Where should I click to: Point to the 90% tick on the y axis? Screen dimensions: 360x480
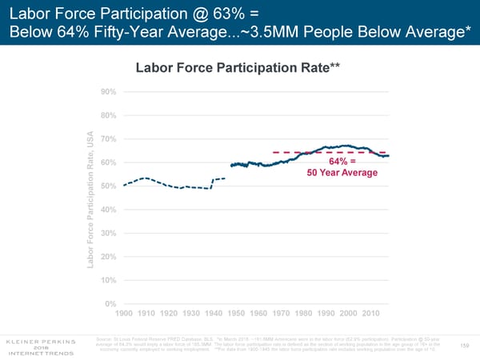pos(109,91)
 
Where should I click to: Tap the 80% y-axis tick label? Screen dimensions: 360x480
pos(109,115)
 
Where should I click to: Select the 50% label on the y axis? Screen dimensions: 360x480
pos(109,186)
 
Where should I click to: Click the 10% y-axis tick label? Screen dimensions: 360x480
pos(109,280)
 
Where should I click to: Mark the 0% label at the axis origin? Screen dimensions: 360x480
pos(111,303)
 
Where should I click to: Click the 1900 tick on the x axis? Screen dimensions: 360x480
pos(126,313)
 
